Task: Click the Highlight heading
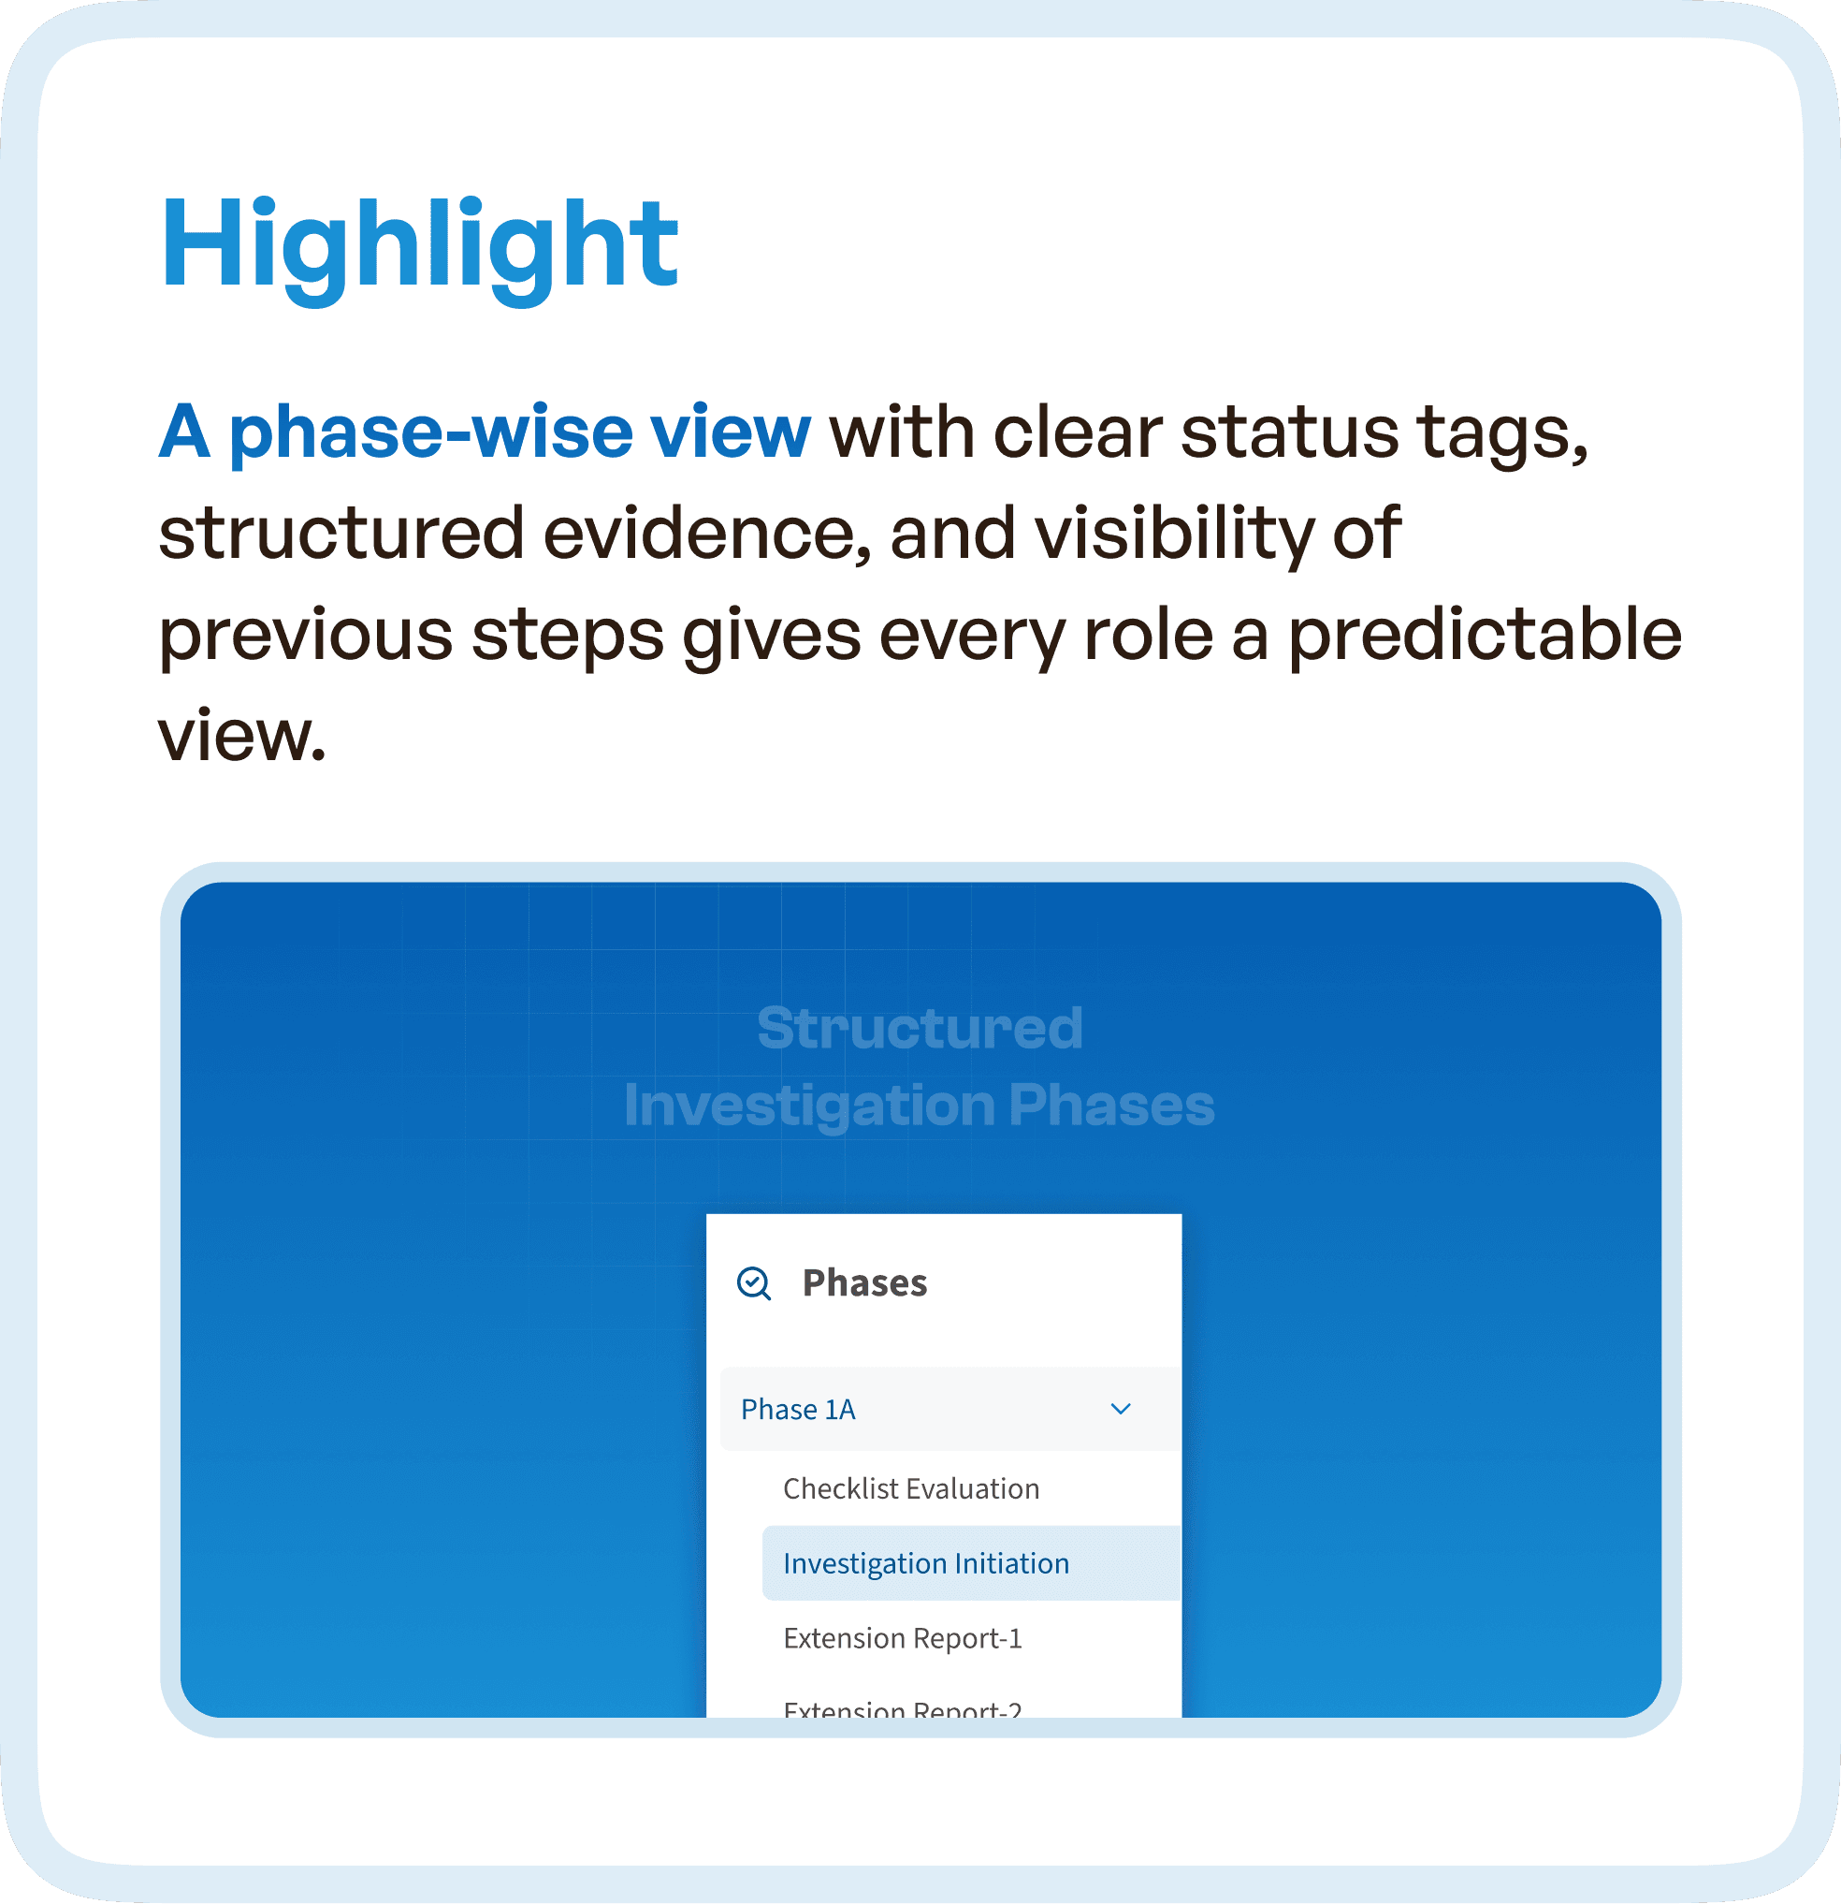point(418,245)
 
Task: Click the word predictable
point(1485,636)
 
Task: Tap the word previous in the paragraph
point(305,636)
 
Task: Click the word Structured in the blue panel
point(920,1028)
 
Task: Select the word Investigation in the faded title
point(809,1106)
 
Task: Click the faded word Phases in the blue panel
point(1110,1106)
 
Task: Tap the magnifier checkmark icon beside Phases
point(753,1283)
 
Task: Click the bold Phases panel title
point(864,1283)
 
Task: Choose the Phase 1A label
point(797,1410)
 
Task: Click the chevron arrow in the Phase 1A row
point(1121,1410)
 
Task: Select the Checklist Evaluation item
point(911,1489)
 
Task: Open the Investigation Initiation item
point(925,1564)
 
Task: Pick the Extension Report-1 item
point(902,1639)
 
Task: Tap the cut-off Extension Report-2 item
point(902,1707)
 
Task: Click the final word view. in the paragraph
point(241,737)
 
